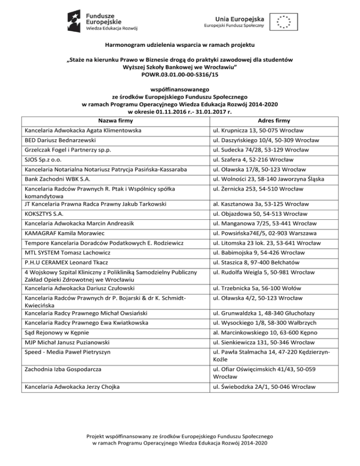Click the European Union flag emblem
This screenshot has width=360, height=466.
[x=285, y=21]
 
